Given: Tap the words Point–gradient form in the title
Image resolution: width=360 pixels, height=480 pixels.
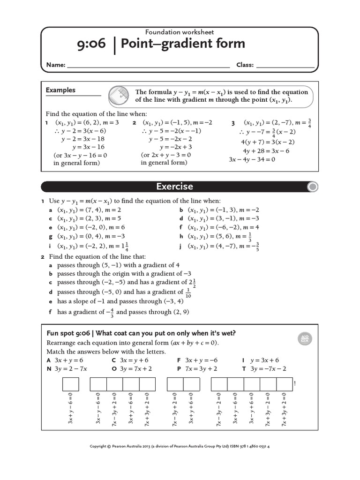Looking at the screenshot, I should point(183,44).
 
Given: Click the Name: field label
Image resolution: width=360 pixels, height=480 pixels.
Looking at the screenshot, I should point(55,65).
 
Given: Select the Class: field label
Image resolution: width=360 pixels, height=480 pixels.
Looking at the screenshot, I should point(245,65).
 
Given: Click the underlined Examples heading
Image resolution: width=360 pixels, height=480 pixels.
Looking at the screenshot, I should point(60,90).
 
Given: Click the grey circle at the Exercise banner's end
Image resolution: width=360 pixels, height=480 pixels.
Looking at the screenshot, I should point(312,187).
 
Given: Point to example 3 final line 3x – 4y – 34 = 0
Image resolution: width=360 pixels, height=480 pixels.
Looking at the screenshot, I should point(252,159).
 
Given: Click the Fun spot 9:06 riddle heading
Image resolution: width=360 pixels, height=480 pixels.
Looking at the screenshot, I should point(141,333).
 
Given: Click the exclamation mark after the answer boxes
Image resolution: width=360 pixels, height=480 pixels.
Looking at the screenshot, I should point(294,384).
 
